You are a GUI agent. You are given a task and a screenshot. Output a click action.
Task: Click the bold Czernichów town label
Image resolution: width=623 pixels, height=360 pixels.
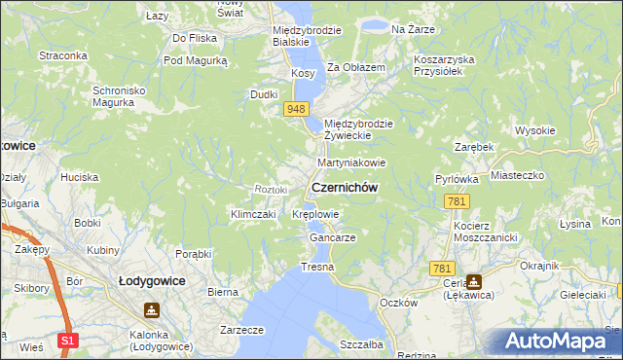344,187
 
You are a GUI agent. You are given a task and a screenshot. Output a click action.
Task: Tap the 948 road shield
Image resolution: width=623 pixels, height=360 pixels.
298,109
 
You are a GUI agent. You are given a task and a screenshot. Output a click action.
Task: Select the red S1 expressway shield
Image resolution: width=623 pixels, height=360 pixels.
66,341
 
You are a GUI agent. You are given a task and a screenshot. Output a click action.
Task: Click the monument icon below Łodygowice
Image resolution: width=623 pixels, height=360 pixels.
152,309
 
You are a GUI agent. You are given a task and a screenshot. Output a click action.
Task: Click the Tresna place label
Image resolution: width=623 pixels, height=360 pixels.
317,267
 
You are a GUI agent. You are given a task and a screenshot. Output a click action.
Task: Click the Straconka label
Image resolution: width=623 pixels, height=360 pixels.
63,55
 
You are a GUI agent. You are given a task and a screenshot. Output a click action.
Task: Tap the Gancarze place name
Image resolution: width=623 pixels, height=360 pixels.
332,237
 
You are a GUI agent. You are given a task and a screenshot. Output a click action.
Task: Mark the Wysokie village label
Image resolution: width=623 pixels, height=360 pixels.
534,130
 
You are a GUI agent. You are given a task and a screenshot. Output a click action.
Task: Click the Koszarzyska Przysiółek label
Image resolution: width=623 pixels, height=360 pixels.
443,65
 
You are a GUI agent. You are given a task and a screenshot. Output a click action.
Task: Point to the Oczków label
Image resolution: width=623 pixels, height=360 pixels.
399,303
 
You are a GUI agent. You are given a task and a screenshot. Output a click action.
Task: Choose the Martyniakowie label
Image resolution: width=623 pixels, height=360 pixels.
351,162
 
